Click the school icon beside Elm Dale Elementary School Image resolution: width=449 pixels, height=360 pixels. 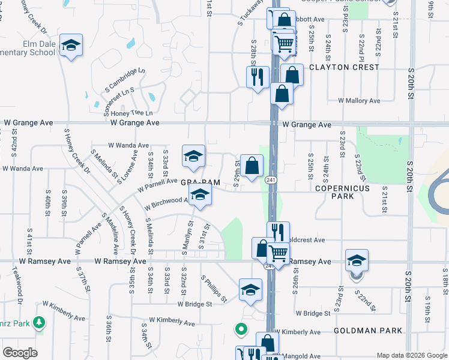tap(71, 45)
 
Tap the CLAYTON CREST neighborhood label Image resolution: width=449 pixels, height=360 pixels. tap(344, 67)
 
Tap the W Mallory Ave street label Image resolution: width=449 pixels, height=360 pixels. tap(359, 101)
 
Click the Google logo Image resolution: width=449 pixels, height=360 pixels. tap(20, 353)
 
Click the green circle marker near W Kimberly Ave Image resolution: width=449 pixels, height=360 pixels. tap(241, 329)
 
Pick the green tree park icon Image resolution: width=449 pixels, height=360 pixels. tap(40, 323)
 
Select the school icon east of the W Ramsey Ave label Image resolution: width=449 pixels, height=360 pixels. tap(357, 261)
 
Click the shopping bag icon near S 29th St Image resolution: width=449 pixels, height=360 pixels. tap(252, 164)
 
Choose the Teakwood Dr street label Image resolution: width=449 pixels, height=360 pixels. tap(20, 293)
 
